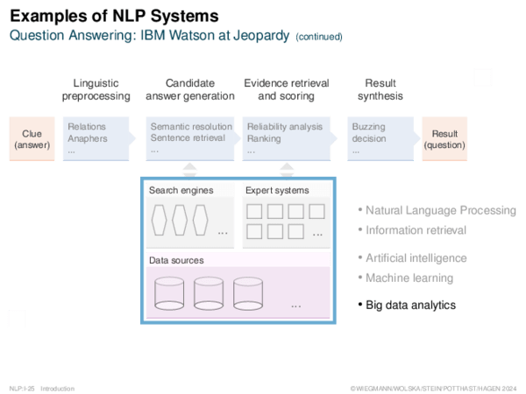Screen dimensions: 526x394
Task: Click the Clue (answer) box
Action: point(32,138)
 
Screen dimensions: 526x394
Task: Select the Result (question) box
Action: point(444,138)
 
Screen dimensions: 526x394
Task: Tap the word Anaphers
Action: point(88,138)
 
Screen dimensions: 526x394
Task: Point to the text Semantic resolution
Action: point(191,127)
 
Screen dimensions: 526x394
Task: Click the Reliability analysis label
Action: point(285,127)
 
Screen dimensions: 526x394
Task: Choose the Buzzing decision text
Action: point(369,133)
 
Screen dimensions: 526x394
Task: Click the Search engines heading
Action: point(181,190)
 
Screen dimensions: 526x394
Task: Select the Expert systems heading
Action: point(277,190)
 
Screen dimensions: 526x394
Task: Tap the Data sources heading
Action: point(176,260)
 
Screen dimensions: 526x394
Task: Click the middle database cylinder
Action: point(209,293)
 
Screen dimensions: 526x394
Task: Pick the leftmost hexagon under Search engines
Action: point(159,220)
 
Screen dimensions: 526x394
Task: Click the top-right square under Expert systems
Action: point(316,211)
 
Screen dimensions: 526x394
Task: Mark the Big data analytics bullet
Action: point(407,306)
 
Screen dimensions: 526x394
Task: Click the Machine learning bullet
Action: point(406,278)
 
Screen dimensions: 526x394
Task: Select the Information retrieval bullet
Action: point(412,230)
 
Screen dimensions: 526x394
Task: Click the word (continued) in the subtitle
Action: point(319,37)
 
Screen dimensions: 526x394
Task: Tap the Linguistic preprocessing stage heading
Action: point(96,89)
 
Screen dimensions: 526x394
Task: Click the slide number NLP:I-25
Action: point(22,389)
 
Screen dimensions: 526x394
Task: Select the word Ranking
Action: point(264,138)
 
